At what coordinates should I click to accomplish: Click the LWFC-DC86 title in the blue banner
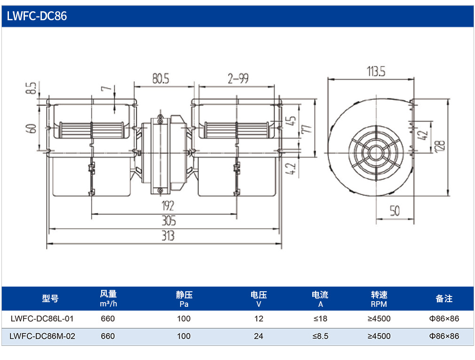(37, 16)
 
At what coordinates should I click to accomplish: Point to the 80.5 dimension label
(160, 79)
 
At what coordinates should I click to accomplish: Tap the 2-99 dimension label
(238, 79)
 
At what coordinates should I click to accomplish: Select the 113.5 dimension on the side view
(376, 72)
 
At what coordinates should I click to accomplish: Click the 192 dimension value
(168, 206)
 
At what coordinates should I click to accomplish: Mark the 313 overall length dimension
(168, 235)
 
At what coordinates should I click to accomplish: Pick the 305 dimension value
(169, 221)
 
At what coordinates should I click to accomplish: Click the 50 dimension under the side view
(395, 211)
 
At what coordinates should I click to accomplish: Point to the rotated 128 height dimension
(441, 146)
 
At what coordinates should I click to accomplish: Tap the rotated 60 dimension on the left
(32, 128)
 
